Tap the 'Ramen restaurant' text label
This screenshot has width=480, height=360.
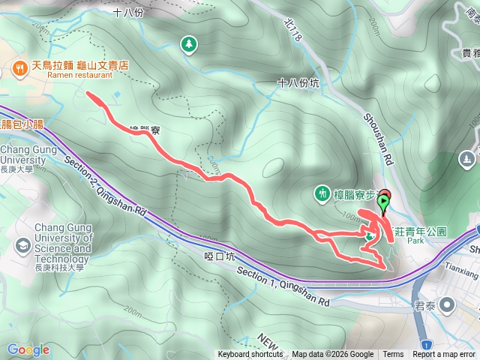(79, 76)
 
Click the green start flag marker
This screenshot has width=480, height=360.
(385, 201)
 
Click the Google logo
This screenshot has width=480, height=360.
(28, 349)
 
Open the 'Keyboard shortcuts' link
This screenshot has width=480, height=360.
(250, 355)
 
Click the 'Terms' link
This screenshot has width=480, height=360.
(393, 355)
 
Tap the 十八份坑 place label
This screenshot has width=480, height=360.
(298, 83)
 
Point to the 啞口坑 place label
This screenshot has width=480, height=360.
(220, 256)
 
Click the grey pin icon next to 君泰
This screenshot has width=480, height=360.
(448, 304)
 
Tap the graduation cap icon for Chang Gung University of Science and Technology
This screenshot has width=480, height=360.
(23, 245)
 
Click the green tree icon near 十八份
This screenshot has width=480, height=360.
(188, 44)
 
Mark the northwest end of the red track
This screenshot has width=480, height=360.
(89, 94)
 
